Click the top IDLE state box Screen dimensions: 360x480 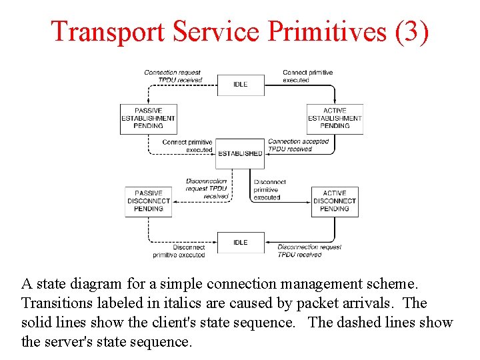pos(241,85)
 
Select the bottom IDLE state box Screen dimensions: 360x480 pos(241,243)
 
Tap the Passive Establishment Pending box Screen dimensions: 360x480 pos(148,119)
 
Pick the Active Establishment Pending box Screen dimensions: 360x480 pos(335,119)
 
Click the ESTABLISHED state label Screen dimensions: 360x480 pos(241,153)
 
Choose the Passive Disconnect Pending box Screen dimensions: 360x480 pos(149,201)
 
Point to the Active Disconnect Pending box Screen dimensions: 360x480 pos(335,201)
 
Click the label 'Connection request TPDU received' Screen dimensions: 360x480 pos(173,76)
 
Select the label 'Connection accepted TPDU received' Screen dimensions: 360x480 pos(298,145)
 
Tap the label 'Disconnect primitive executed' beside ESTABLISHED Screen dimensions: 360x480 pos(269,189)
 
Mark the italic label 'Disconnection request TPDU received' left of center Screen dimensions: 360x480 pos(207,189)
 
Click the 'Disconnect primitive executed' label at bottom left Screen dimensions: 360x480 pos(179,251)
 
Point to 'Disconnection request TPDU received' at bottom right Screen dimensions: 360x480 pos(309,251)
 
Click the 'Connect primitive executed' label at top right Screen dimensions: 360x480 pos(307,76)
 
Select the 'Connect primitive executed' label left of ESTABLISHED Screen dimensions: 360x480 pos(187,146)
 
